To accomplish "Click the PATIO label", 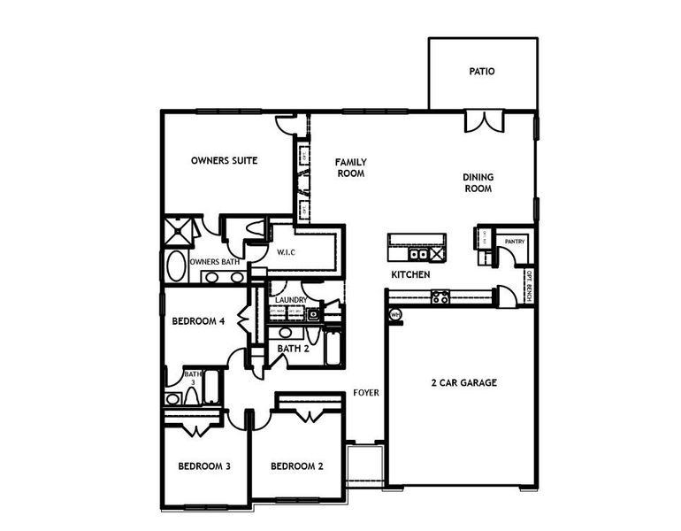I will pos(482,71).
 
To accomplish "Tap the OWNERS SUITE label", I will pos(225,161).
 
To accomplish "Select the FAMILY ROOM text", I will pos(350,168).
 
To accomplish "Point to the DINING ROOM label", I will pos(478,182).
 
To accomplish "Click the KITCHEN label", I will pos(411,275).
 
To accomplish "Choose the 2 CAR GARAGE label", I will pos(463,383).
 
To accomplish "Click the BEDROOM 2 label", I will pos(297,466).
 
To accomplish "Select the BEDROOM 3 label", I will pos(204,466).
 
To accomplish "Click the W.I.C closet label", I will pos(286,252).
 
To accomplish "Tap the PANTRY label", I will pos(515,241).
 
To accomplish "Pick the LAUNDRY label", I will pos(290,300).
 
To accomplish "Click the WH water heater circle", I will pos(395,314).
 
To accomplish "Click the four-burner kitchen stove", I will pos(440,297).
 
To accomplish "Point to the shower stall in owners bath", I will pos(180,233).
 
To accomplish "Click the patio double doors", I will pos(485,121).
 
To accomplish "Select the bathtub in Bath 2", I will pos(333,347).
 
